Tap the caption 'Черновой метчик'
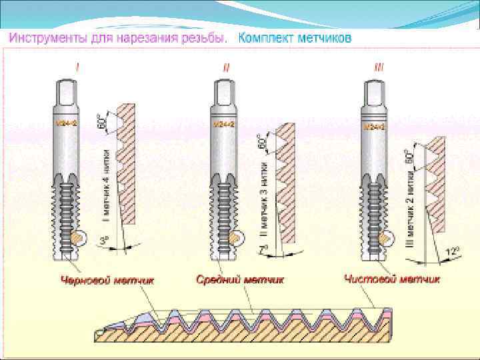click(109, 281)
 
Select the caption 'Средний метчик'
click(241, 280)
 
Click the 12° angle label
click(453, 251)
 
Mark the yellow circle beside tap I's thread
click(81, 236)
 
